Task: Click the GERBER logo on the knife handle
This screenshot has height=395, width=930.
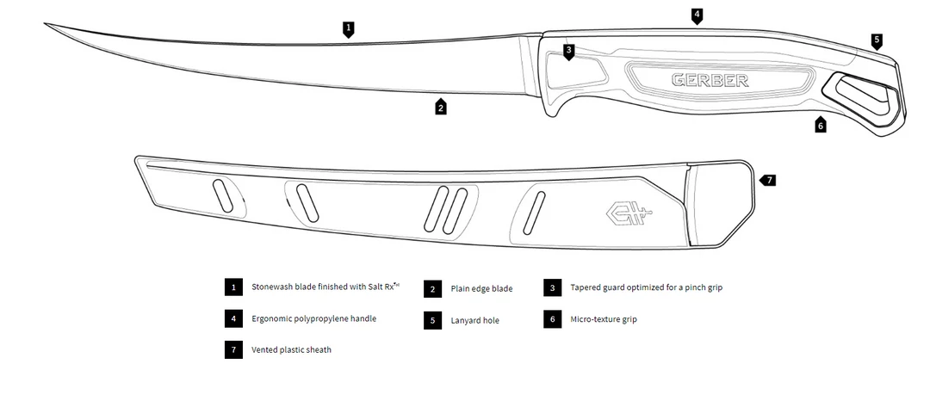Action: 710,81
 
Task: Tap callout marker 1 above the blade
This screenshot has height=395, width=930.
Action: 348,28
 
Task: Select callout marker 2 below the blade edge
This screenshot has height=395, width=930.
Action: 440,108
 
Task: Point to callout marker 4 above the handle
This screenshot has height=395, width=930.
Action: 697,15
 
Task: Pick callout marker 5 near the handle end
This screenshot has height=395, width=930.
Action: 877,40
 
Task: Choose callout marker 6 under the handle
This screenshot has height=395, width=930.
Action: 820,125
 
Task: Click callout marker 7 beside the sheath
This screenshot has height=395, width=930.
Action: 768,180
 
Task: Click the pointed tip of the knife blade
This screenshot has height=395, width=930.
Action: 46,24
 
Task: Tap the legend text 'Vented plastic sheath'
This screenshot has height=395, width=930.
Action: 291,350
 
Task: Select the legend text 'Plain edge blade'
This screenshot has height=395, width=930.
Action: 481,288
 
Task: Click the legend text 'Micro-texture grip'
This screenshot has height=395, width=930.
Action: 604,319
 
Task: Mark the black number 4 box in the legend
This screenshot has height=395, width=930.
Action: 232,318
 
